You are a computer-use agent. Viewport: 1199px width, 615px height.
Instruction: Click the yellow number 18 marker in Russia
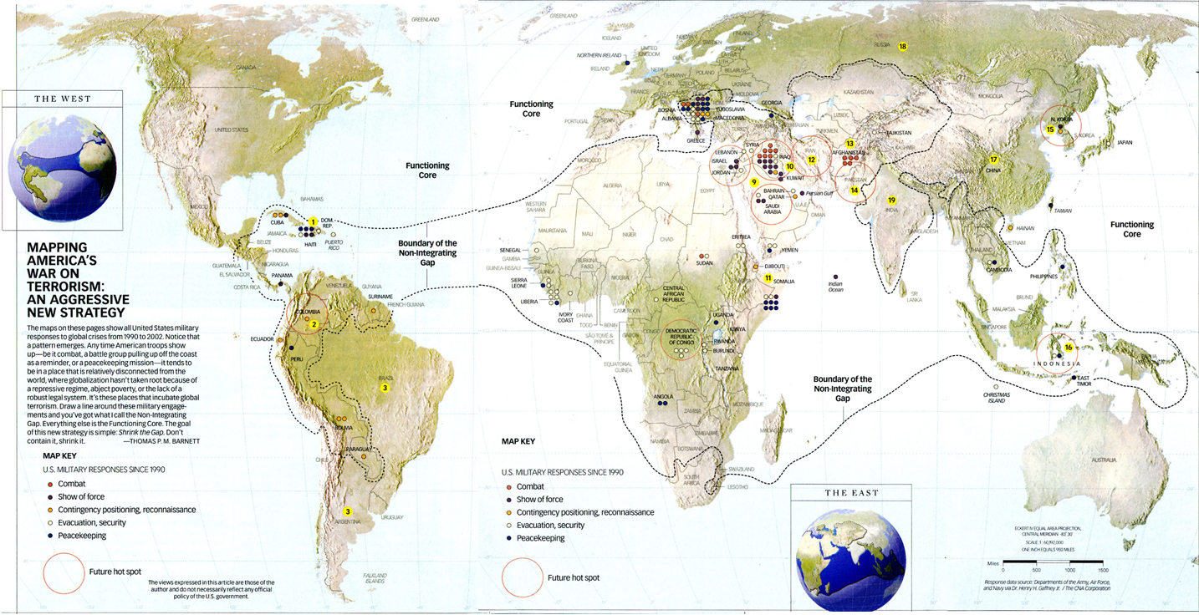(902, 47)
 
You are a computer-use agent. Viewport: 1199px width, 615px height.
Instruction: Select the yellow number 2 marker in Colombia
(314, 324)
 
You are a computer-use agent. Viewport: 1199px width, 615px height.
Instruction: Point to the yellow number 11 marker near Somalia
(768, 277)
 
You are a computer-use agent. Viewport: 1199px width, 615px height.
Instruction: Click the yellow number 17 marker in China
(994, 160)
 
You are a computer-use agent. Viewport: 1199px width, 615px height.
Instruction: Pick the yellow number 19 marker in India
(891, 201)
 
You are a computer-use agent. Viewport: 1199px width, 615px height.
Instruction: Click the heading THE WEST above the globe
(63, 99)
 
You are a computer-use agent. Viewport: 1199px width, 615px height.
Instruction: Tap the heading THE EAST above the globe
(852, 493)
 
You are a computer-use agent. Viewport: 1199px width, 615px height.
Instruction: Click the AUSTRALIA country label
(1104, 460)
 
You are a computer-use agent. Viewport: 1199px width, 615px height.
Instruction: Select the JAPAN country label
(1125, 143)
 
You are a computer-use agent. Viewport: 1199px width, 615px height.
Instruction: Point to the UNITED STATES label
(232, 130)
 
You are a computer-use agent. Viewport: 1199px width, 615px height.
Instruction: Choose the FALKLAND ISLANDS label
(375, 578)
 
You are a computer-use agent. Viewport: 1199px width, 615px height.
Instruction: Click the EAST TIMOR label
(1085, 381)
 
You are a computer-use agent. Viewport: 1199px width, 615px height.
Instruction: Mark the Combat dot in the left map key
(51, 484)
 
